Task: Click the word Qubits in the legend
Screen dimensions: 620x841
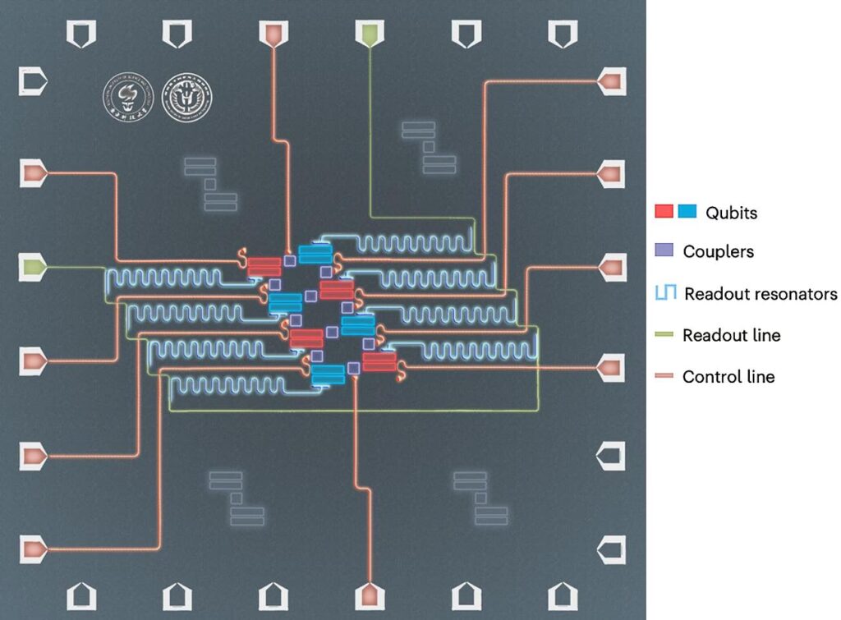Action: [731, 213]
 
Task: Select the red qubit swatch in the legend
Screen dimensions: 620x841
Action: [664, 212]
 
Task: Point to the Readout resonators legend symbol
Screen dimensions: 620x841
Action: [665, 293]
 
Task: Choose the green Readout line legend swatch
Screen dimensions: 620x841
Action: [665, 335]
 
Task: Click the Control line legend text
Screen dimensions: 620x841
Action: [728, 377]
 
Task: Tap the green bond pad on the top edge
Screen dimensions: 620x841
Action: [369, 34]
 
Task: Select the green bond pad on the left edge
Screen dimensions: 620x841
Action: [34, 268]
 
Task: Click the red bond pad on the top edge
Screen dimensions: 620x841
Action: [273, 34]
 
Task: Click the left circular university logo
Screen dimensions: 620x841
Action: [122, 96]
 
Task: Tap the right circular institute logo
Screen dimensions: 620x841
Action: [187, 96]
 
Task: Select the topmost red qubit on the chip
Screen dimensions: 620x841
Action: [264, 266]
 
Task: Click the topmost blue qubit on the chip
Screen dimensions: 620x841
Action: [315, 254]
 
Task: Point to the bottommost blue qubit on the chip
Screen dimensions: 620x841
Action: [328, 374]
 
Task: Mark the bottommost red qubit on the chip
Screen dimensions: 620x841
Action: [379, 361]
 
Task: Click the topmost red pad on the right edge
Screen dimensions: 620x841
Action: [609, 80]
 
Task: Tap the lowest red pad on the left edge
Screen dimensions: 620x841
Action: [34, 548]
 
